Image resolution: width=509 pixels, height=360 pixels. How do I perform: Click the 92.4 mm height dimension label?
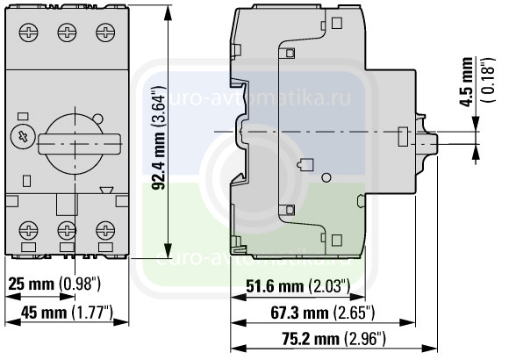click(x=160, y=138)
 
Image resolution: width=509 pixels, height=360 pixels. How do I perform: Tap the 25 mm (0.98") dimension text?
click(x=54, y=284)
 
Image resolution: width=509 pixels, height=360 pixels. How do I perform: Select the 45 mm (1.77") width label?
click(x=68, y=313)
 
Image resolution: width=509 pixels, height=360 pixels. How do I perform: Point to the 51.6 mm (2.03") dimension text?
click(x=298, y=286)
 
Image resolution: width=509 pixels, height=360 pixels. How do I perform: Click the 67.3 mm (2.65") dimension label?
click(x=323, y=313)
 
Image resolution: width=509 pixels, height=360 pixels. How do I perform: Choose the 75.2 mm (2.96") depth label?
click(x=333, y=339)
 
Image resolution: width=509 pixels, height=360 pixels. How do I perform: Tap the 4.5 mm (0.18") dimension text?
click(x=477, y=81)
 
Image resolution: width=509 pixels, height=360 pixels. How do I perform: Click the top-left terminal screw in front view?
click(x=29, y=32)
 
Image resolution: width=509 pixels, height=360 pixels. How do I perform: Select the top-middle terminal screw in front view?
click(x=67, y=32)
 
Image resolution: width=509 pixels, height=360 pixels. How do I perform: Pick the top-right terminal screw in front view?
click(x=105, y=32)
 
